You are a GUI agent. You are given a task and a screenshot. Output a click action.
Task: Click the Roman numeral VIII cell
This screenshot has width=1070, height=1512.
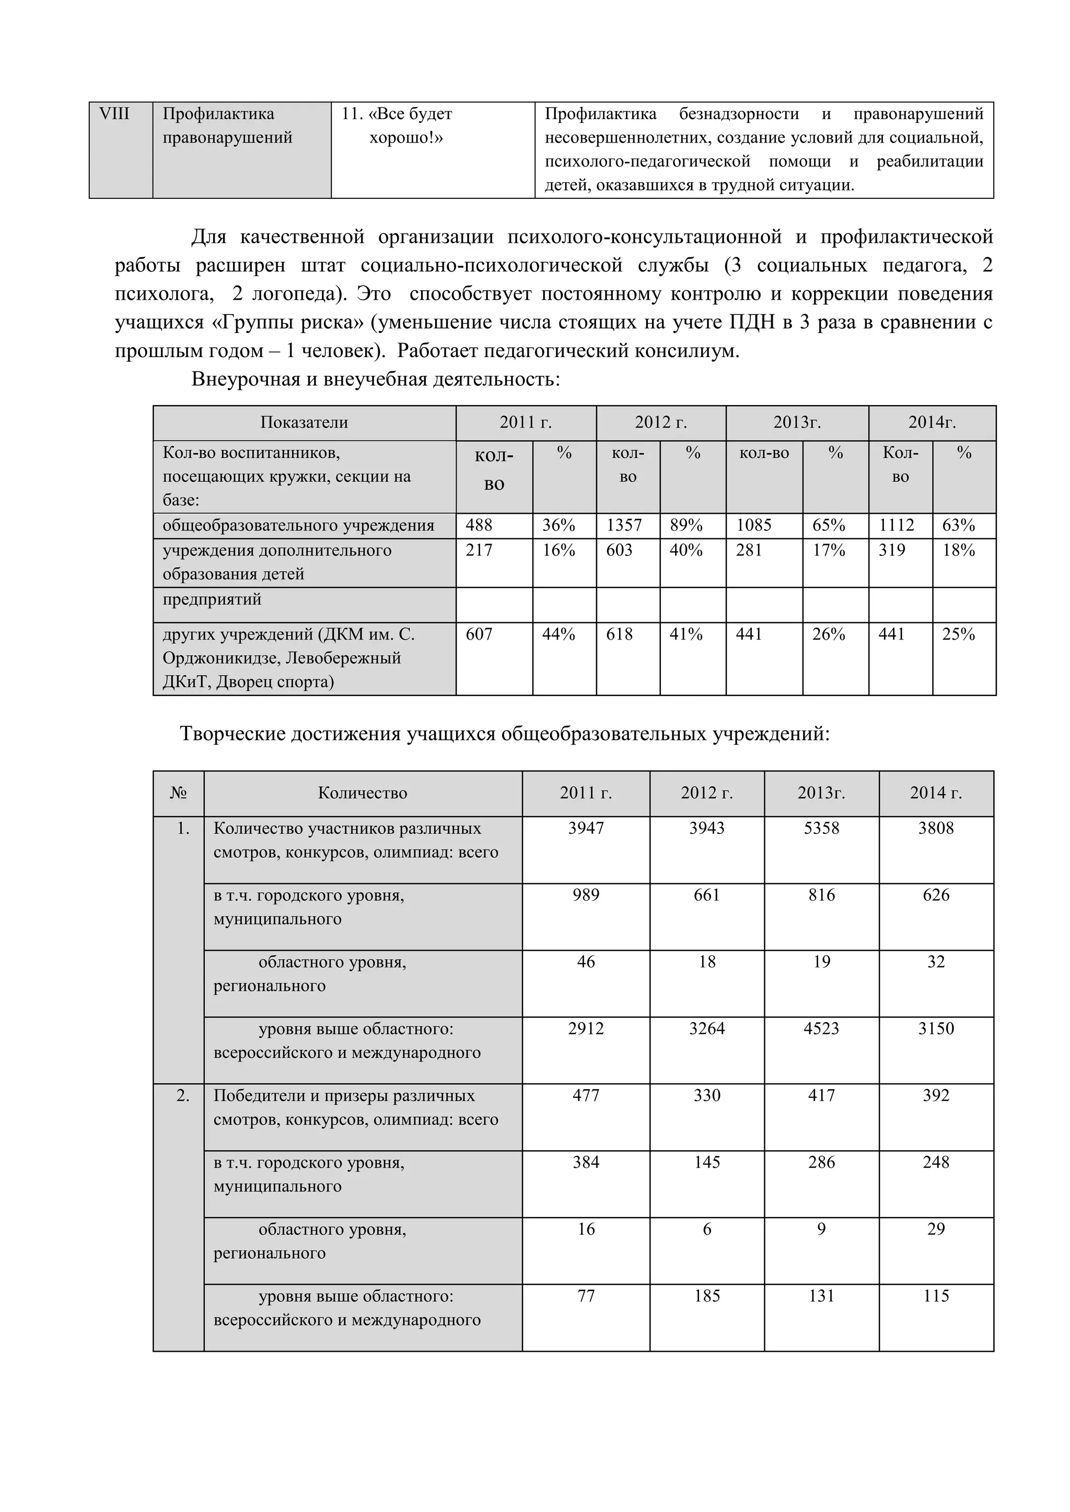[x=114, y=114]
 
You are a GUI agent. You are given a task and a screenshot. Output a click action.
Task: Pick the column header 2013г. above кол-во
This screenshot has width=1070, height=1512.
[x=797, y=423]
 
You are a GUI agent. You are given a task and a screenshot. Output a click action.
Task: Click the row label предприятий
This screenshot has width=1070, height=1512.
[x=212, y=600]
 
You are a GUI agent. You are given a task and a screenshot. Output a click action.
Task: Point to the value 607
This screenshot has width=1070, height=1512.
[x=479, y=635]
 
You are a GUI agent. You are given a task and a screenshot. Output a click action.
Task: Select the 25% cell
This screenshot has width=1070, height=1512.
[x=958, y=635]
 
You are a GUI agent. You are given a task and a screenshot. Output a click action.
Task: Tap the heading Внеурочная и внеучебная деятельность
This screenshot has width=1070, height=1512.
[x=376, y=380]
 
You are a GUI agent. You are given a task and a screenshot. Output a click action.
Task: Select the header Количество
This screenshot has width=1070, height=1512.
[x=363, y=794]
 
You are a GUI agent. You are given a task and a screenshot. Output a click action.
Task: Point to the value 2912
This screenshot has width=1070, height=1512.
[x=586, y=1029]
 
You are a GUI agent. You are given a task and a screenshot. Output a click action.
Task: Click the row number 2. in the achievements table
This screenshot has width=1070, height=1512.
[x=182, y=1096]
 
